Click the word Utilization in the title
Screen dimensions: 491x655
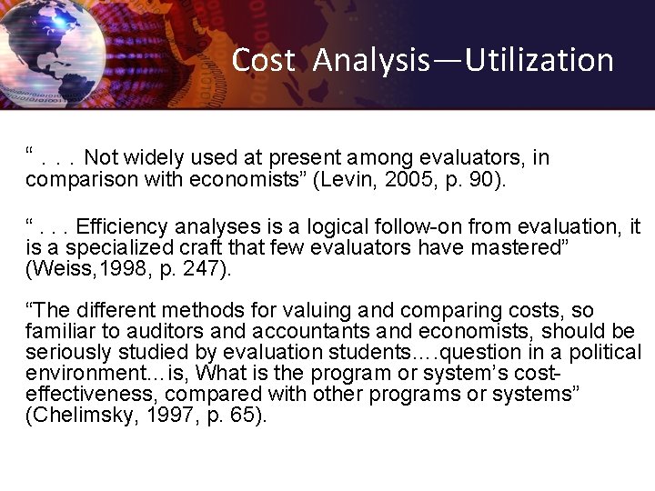point(539,60)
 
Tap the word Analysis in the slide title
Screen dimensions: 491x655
point(371,60)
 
